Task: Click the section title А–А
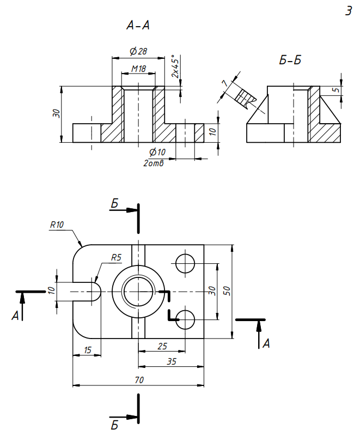tap(138, 26)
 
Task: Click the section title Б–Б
tap(290, 60)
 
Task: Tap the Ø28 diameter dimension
tap(138, 51)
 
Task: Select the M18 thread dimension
tap(138, 68)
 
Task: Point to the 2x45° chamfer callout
tap(175, 67)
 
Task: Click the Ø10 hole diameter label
tap(157, 152)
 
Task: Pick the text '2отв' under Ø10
tap(153, 163)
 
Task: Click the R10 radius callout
tap(57, 225)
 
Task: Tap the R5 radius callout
tap(117, 257)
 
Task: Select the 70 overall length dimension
tap(139, 380)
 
